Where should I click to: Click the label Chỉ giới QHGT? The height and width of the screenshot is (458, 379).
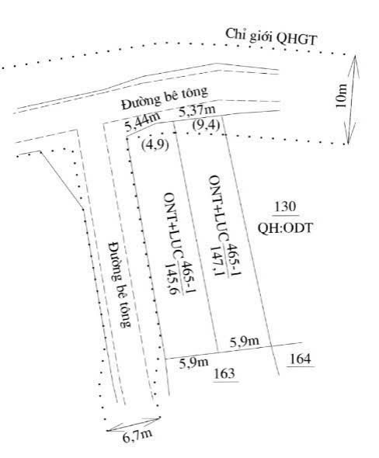(271, 37)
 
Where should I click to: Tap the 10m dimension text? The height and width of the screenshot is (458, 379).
(341, 95)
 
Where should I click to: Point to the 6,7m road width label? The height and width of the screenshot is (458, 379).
(137, 436)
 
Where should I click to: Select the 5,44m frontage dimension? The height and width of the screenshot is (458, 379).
(142, 122)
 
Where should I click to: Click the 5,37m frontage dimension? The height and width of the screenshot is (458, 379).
(197, 110)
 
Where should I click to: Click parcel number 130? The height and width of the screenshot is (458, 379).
(285, 206)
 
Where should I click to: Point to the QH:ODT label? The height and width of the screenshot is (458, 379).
(285, 227)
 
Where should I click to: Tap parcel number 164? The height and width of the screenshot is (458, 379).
(301, 359)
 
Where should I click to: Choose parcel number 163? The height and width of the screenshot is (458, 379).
(224, 373)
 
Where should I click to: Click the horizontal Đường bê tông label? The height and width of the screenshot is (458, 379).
(165, 98)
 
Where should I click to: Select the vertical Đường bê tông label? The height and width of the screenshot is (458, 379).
(120, 284)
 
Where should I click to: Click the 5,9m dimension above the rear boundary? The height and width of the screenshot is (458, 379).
(245, 341)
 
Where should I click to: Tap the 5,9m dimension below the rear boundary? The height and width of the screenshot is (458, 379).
(193, 363)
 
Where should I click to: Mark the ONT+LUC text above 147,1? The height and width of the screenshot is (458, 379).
(215, 208)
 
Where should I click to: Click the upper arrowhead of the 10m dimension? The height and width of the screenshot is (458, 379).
(355, 57)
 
